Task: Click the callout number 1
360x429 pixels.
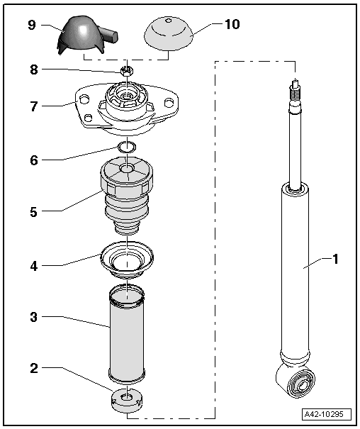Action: (x=335, y=260)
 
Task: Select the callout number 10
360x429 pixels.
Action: (x=231, y=24)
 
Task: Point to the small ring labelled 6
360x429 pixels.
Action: (x=127, y=147)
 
